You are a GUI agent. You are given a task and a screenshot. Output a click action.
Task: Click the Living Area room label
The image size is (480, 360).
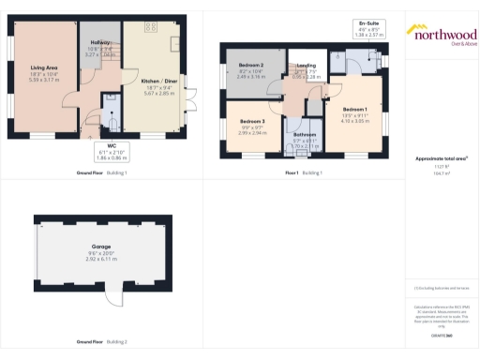43,67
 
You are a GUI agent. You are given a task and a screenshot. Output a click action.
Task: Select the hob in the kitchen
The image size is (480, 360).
173,44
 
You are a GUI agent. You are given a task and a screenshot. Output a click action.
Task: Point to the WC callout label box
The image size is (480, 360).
111,153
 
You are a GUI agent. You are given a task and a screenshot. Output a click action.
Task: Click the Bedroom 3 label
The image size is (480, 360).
252,122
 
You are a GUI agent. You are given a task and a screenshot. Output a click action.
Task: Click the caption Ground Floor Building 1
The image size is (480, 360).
102,174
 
